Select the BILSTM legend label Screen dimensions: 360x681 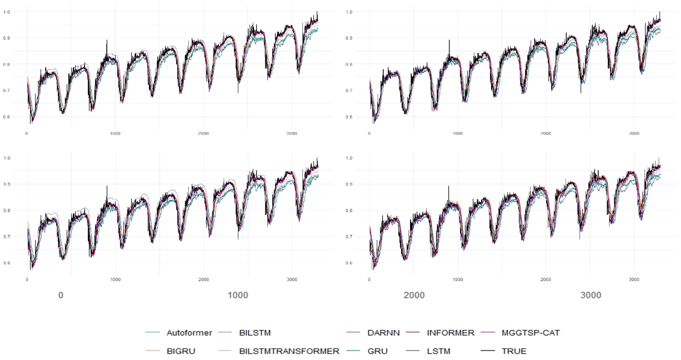[255, 332]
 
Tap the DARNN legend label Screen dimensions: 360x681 [383, 332]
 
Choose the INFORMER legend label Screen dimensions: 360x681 [450, 332]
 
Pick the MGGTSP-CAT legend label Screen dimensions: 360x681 [531, 332]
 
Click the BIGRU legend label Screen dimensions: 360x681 [181, 351]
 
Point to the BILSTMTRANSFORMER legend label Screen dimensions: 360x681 [289, 351]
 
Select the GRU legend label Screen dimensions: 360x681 [377, 351]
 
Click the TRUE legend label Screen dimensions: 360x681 [514, 351]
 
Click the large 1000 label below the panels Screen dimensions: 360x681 [238, 295]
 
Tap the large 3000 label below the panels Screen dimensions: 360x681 [591, 295]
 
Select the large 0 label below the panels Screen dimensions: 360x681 [61, 295]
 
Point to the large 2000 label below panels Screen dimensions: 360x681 [414, 295]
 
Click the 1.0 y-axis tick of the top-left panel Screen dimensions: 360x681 [7, 12]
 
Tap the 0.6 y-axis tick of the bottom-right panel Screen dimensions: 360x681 [349, 263]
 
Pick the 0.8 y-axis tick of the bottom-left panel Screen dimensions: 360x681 [7, 210]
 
